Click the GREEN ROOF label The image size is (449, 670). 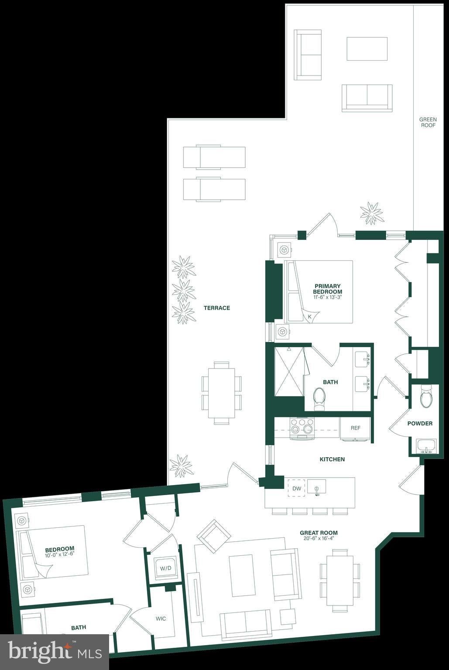point(428,122)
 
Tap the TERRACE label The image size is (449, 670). point(217,308)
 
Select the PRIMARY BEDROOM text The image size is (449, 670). point(328,289)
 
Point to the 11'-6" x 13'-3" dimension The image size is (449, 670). point(328,297)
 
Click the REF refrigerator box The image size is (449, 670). point(355,429)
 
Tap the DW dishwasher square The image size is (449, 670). point(296,489)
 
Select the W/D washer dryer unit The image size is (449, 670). point(165,568)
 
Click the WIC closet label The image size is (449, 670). point(161,619)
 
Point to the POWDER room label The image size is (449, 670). point(420,424)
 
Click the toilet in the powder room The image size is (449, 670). point(426,397)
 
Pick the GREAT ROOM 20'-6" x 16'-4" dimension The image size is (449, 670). point(319,539)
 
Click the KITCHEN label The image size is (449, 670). point(332,459)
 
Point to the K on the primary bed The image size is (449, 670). point(310,316)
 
